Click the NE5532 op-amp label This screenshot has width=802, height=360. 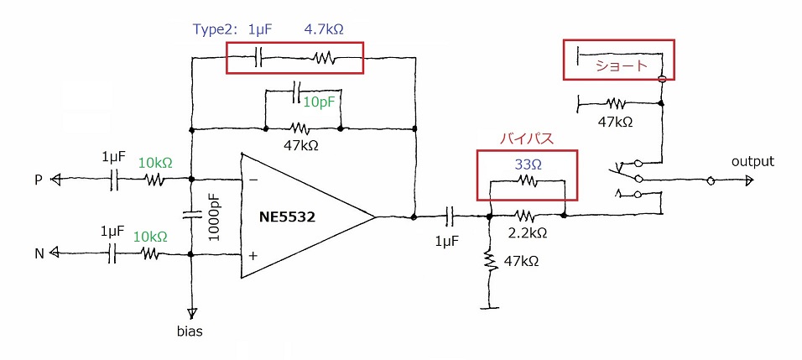(x=287, y=217)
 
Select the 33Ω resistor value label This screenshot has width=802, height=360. (x=529, y=164)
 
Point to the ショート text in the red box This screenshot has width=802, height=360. (x=621, y=66)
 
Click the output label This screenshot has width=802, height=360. (x=753, y=162)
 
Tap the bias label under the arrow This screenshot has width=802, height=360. (x=190, y=331)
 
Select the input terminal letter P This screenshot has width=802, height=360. (x=39, y=180)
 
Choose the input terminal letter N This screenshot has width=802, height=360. (x=39, y=253)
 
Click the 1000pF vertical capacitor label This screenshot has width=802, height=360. (x=215, y=217)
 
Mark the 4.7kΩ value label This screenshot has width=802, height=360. (x=324, y=29)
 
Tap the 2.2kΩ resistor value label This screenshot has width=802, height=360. (x=528, y=232)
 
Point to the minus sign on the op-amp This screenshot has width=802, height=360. (x=253, y=180)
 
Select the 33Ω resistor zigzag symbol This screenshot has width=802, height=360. (x=527, y=180)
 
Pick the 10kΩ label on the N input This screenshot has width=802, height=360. (x=150, y=237)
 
